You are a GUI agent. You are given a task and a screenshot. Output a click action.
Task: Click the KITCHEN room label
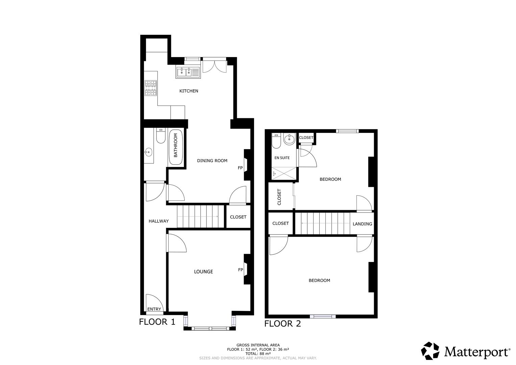point(189,91)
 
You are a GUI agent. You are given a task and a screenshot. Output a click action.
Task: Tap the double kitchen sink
point(188,72)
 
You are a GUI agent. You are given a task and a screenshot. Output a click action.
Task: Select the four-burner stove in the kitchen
point(151,88)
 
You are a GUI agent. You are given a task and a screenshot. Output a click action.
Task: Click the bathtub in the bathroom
point(176,147)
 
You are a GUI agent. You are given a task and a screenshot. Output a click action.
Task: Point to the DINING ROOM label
point(212,161)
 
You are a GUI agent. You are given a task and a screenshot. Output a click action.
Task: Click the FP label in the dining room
point(240,168)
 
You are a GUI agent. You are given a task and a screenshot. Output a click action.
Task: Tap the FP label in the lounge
point(240,270)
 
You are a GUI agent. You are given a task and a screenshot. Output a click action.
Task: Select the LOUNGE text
point(203,272)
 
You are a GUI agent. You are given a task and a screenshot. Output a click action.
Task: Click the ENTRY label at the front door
point(154,309)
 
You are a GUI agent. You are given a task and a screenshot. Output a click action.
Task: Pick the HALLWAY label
point(158,221)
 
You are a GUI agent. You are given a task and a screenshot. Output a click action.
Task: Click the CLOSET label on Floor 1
point(238,217)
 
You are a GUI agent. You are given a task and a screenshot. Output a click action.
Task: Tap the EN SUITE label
point(282,158)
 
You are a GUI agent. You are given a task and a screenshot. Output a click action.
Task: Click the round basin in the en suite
point(290,139)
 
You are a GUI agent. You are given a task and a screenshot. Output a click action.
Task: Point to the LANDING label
point(362,224)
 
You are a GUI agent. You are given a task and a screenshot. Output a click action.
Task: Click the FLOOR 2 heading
point(282,324)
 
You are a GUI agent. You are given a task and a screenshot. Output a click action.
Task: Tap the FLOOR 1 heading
point(157,322)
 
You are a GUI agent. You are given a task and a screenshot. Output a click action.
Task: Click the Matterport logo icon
point(430,350)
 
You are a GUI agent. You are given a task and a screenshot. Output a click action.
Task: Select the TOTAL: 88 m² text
point(258,354)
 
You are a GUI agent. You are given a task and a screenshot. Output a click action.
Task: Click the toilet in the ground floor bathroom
point(161,136)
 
